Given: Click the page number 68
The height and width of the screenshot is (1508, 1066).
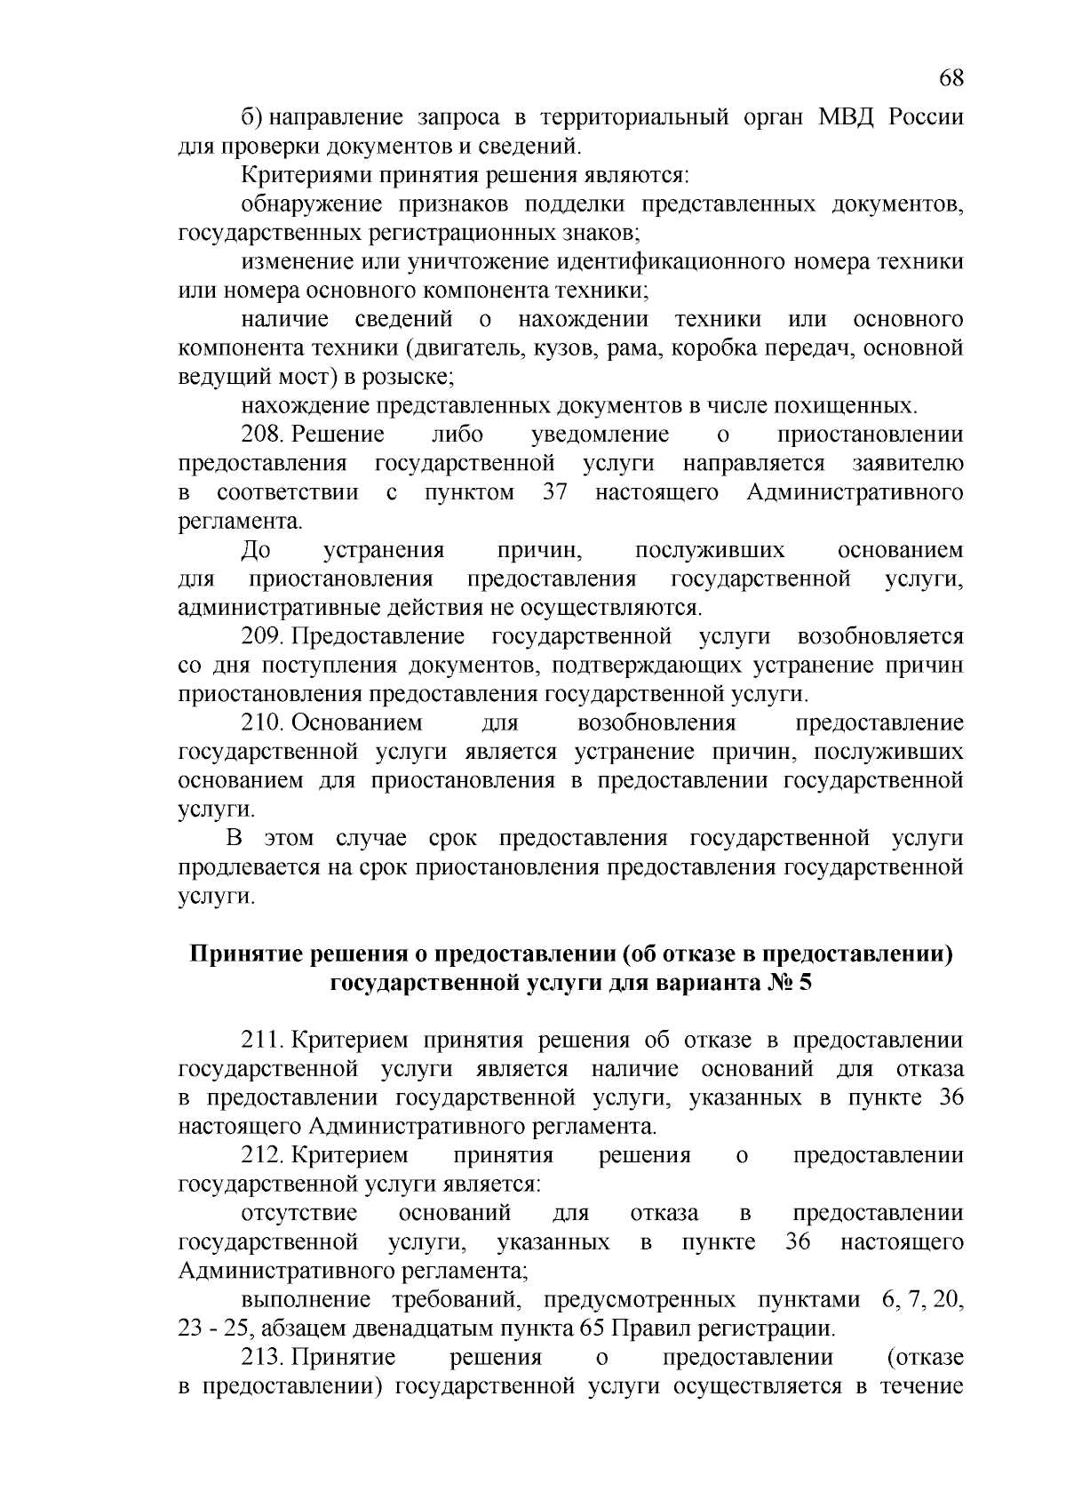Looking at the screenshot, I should pyautogui.click(x=951, y=78).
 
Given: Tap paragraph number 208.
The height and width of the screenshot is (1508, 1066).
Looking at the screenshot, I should pyautogui.click(x=261, y=435).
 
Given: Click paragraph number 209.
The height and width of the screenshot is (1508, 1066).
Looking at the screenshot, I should pyautogui.click(x=261, y=636).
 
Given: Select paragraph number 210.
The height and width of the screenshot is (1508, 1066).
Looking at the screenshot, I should pyautogui.click(x=261, y=723).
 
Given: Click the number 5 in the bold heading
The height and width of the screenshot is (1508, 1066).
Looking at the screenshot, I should pyautogui.click(x=805, y=984).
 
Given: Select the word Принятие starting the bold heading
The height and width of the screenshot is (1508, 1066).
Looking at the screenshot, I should pyautogui.click(x=242, y=954).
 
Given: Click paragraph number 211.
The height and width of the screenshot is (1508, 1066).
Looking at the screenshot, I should pyautogui.click(x=261, y=1041).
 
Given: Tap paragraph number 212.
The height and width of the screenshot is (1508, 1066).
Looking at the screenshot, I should pyautogui.click(x=261, y=1155).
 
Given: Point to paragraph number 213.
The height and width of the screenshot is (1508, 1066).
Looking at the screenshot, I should pyautogui.click(x=261, y=1357).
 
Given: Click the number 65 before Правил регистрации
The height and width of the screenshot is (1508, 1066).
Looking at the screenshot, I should pyautogui.click(x=593, y=1328).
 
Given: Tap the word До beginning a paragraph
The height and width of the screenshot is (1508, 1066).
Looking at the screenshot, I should pyautogui.click(x=256, y=550).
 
